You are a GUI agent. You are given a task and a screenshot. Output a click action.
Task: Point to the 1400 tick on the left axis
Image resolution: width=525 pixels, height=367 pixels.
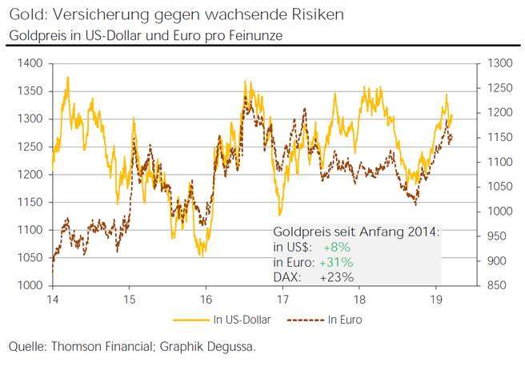[x=30, y=63]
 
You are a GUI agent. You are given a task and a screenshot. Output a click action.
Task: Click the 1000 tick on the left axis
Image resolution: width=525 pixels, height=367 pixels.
[x=30, y=286]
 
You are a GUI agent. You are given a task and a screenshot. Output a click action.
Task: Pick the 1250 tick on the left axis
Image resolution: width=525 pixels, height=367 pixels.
[x=30, y=147]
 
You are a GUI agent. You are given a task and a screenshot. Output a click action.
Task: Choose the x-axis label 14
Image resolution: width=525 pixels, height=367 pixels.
[x=52, y=299]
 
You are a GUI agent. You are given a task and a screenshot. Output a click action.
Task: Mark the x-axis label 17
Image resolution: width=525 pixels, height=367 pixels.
[x=283, y=299]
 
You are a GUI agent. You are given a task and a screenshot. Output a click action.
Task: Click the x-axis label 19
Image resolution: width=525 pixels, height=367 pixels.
[x=437, y=299]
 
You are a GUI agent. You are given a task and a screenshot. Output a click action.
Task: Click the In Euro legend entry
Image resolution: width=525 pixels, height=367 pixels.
[x=345, y=319]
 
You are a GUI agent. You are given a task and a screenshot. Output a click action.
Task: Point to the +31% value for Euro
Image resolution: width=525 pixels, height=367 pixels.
[x=337, y=262]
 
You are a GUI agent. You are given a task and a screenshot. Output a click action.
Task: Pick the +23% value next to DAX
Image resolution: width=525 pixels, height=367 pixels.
[x=337, y=277]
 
